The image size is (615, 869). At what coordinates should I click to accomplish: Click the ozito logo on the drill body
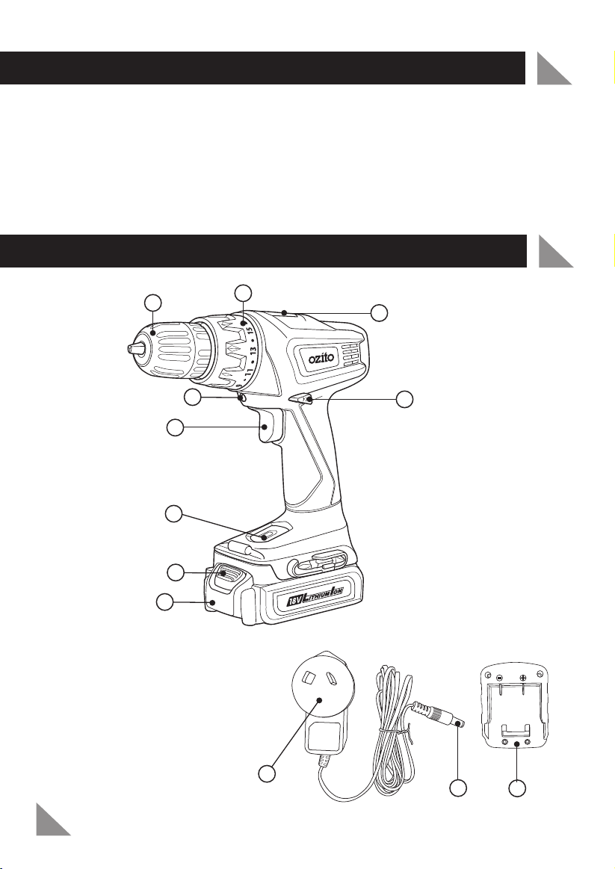[x=325, y=359]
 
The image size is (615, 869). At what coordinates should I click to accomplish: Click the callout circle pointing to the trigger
[x=174, y=428]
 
